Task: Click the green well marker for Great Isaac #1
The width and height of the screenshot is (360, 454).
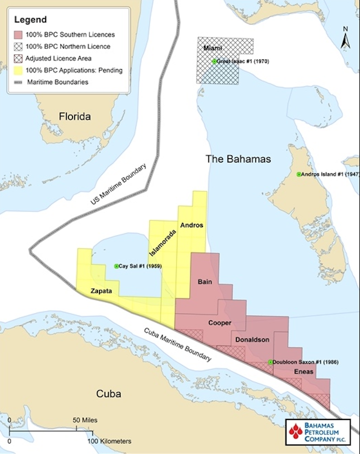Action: pos(214,61)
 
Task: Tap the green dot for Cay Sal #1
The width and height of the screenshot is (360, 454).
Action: pos(116,266)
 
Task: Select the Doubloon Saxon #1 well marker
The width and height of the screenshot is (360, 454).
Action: pos(270,362)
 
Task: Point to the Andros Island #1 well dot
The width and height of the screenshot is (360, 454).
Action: pos(299,174)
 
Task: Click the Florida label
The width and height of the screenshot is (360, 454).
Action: pos(75,117)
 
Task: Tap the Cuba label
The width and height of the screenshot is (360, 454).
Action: pos(108,394)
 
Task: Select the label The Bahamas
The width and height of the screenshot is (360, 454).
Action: pos(238,159)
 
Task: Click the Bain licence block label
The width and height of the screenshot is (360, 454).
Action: pos(205,282)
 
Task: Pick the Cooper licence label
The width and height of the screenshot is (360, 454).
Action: pos(219,323)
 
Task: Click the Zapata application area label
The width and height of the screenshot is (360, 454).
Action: pos(101,290)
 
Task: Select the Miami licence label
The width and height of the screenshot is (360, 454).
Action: pos(212,48)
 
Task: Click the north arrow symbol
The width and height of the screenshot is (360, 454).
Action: pos(345,39)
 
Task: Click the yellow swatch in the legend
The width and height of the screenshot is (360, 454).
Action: pos(19,70)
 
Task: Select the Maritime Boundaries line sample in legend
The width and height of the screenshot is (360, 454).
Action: pos(19,82)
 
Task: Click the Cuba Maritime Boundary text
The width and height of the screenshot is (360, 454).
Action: pos(177,345)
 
